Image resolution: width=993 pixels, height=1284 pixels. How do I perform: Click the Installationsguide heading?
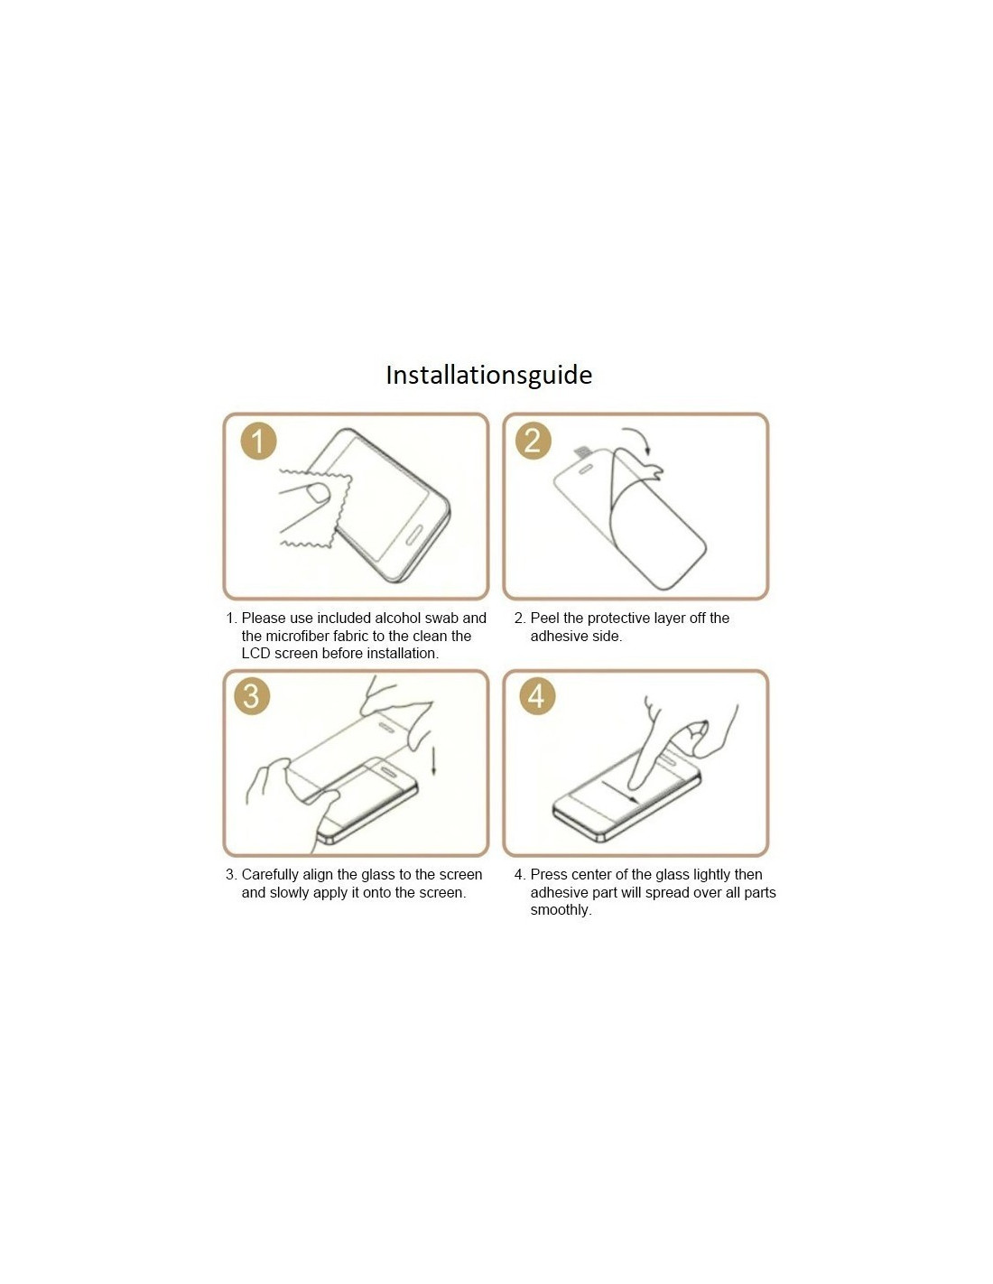(488, 376)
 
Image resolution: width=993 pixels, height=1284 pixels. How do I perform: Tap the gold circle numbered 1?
(259, 442)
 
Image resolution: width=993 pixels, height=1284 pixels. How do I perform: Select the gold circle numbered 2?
(534, 442)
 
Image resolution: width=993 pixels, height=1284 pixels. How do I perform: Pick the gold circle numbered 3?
(252, 695)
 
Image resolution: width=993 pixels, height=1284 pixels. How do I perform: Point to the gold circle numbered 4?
(537, 695)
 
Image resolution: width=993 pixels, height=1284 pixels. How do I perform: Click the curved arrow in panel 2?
(640, 435)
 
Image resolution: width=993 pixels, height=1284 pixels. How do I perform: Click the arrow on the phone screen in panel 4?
(620, 792)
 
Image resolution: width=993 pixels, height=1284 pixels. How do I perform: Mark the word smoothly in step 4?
(561, 910)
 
